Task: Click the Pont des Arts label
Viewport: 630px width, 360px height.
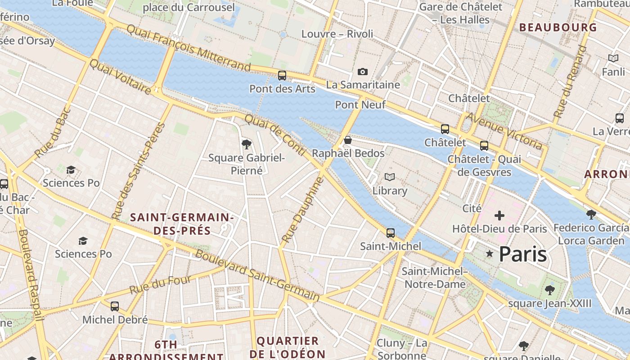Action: pos(283,89)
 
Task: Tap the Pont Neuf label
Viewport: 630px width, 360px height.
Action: pos(360,105)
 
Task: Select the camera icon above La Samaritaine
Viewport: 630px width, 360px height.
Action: pos(362,72)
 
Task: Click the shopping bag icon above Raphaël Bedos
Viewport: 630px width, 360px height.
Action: pos(347,140)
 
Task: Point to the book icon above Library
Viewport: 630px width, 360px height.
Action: pos(389,177)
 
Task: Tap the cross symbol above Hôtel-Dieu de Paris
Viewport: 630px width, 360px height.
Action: pos(499,216)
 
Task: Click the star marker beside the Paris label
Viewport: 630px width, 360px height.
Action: pos(490,254)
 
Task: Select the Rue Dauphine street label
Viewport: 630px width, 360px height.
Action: pos(302,210)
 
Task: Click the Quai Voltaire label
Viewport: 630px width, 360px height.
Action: pos(120,77)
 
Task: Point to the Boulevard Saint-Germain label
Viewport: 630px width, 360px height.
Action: pos(257,275)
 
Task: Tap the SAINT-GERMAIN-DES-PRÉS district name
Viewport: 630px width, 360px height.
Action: pos(182,224)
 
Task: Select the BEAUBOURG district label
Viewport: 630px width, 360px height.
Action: pos(558,27)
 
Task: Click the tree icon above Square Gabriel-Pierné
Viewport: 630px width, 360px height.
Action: pos(246,144)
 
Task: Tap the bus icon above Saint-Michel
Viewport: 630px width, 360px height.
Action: pos(391,233)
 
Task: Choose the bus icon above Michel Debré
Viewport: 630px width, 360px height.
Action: pos(115,306)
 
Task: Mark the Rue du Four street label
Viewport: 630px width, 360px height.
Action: pos(161,284)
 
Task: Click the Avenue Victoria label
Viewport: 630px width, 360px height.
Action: pos(504,131)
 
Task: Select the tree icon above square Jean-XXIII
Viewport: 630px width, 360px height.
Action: pos(549,290)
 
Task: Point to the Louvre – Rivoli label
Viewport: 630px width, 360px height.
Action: pos(337,34)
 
